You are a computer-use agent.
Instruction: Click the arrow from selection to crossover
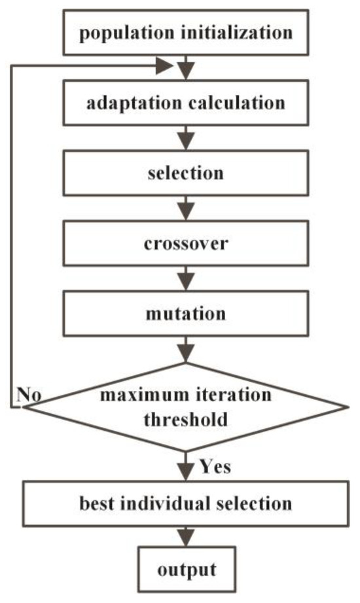click(x=187, y=209)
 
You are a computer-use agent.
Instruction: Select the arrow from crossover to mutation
click(x=187, y=279)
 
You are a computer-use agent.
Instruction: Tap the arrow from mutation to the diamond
click(x=187, y=348)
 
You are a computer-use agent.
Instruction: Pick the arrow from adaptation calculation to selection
click(x=187, y=139)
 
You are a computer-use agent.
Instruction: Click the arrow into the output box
click(x=187, y=536)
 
